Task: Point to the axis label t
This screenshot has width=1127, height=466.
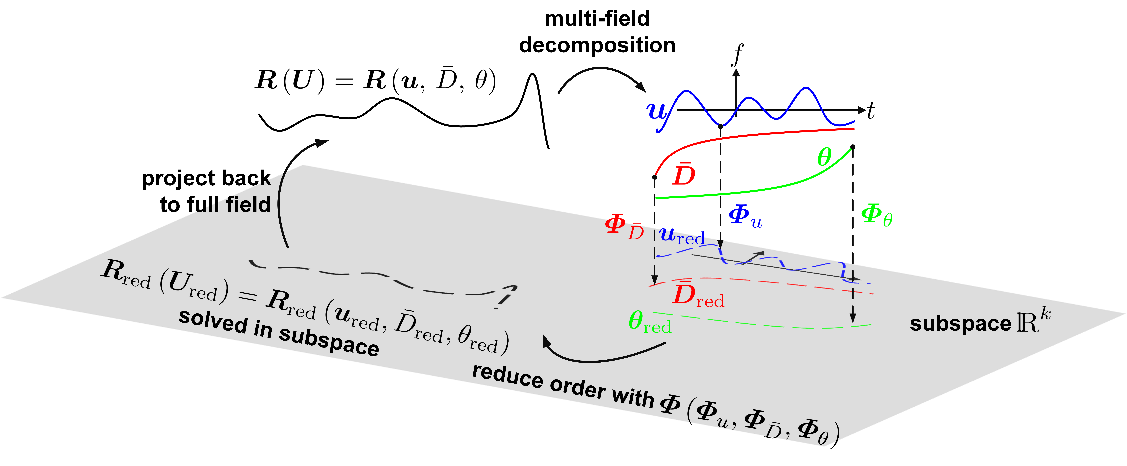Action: (x=871, y=111)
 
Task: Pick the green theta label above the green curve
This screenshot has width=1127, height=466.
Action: (x=824, y=157)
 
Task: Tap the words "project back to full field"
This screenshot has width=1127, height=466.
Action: (x=206, y=191)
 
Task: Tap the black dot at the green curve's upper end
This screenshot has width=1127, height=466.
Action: (x=853, y=147)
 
